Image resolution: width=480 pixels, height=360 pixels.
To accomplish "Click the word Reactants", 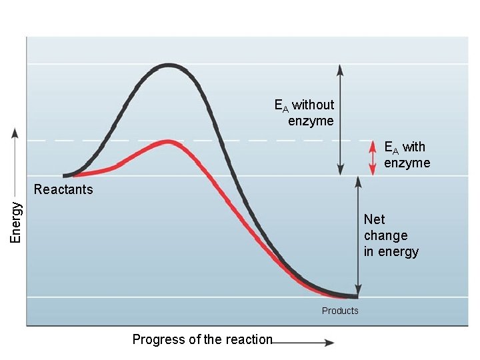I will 63,189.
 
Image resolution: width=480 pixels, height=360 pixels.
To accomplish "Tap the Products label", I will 340,311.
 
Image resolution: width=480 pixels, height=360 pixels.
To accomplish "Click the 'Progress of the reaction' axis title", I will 202,339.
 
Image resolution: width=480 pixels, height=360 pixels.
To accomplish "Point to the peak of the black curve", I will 169,65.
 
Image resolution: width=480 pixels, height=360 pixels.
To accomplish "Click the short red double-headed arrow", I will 373,159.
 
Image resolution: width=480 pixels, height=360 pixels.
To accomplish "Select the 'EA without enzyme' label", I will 305,113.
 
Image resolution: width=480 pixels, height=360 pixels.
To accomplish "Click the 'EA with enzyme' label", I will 407,155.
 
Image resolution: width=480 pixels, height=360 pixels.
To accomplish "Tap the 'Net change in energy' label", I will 391,235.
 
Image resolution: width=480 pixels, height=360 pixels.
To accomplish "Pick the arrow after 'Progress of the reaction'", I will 303,343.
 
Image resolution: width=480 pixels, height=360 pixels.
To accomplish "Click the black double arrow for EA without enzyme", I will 340,120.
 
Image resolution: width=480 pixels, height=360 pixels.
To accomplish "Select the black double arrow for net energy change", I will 358,237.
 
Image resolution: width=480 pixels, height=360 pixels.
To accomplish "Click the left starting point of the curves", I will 65,175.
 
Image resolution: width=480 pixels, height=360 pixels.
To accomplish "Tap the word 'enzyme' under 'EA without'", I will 311,121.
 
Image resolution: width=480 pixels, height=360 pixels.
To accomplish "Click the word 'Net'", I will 374,219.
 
